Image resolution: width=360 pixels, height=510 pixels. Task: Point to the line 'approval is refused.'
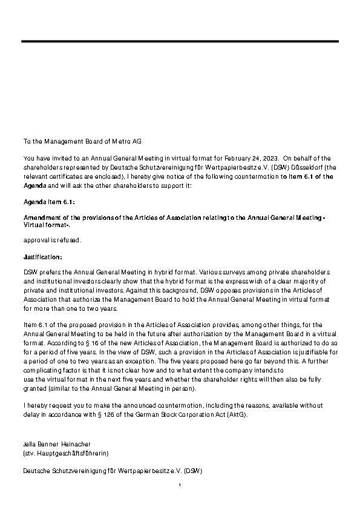point(52,240)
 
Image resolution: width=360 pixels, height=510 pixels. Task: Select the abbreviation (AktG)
point(235,414)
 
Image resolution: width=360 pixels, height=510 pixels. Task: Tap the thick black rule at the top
point(180,41)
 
